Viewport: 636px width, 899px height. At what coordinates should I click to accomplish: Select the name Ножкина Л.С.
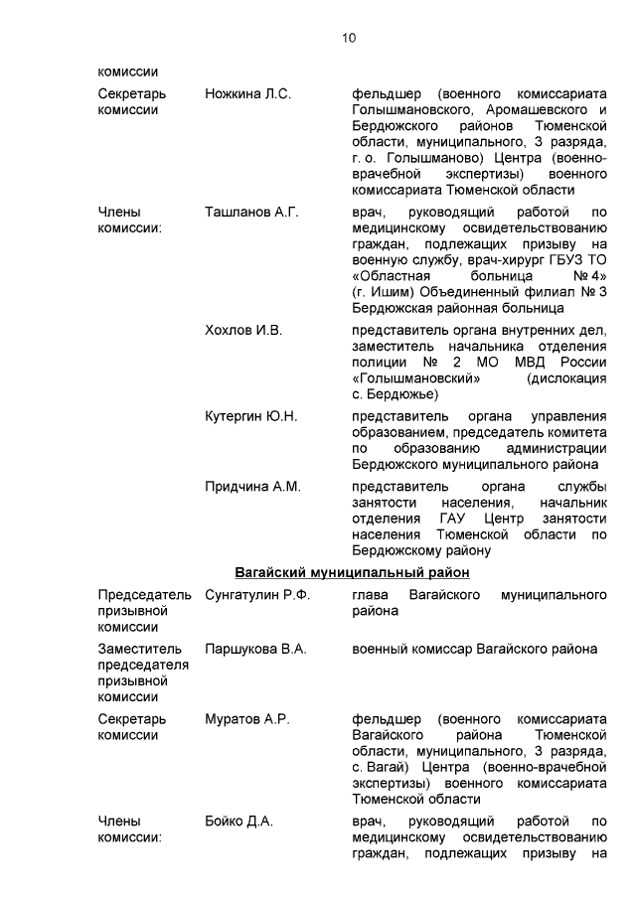click(247, 93)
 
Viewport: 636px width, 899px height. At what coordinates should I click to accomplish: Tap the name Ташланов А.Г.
click(251, 212)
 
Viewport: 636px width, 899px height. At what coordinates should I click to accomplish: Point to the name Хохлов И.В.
click(243, 330)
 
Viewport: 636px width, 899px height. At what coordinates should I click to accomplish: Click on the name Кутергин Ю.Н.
click(250, 416)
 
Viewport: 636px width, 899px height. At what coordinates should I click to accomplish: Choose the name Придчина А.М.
click(252, 487)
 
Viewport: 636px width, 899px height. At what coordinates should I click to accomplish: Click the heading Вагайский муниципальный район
click(352, 572)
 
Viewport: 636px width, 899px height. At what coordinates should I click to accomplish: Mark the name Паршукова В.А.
click(255, 649)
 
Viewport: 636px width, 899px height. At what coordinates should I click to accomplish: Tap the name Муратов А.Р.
click(246, 719)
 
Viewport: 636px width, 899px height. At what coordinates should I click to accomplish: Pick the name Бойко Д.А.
click(238, 822)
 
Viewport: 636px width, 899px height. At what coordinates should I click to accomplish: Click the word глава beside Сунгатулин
click(371, 595)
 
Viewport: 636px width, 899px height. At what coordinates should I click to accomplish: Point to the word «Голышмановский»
click(416, 377)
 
